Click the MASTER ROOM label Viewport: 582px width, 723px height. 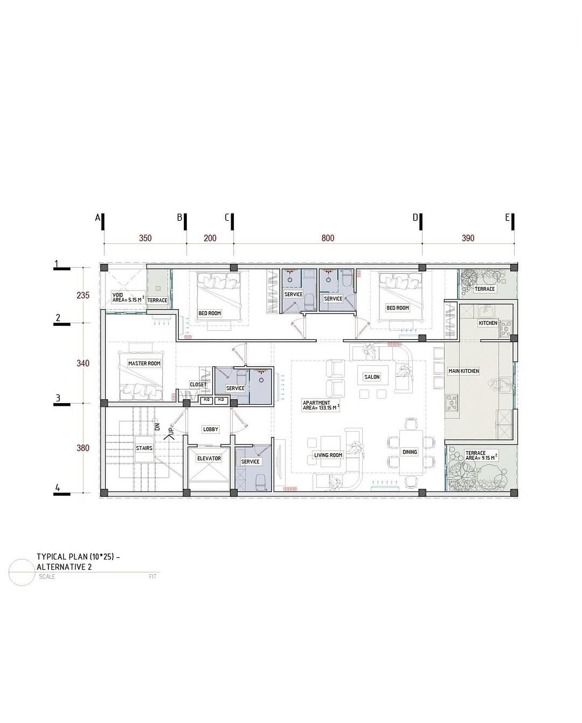tap(144, 364)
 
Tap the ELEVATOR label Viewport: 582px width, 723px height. tap(209, 458)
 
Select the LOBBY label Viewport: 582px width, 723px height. tap(211, 429)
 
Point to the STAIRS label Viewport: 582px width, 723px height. tap(144, 448)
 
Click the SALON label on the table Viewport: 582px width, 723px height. tap(372, 377)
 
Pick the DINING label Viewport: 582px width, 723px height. tap(410, 452)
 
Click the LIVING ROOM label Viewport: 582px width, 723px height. tap(328, 455)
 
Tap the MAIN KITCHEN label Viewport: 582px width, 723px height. tap(463, 371)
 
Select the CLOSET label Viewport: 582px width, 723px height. tap(198, 384)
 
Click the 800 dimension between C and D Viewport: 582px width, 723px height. tap(328, 238)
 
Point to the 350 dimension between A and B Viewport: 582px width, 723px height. tap(145, 238)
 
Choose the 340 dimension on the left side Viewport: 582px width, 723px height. tap(83, 363)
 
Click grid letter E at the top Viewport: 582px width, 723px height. tap(507, 217)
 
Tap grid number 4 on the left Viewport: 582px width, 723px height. tap(58, 488)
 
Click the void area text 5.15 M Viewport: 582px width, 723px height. tap(135, 299)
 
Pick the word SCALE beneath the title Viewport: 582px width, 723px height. tap(47, 577)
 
